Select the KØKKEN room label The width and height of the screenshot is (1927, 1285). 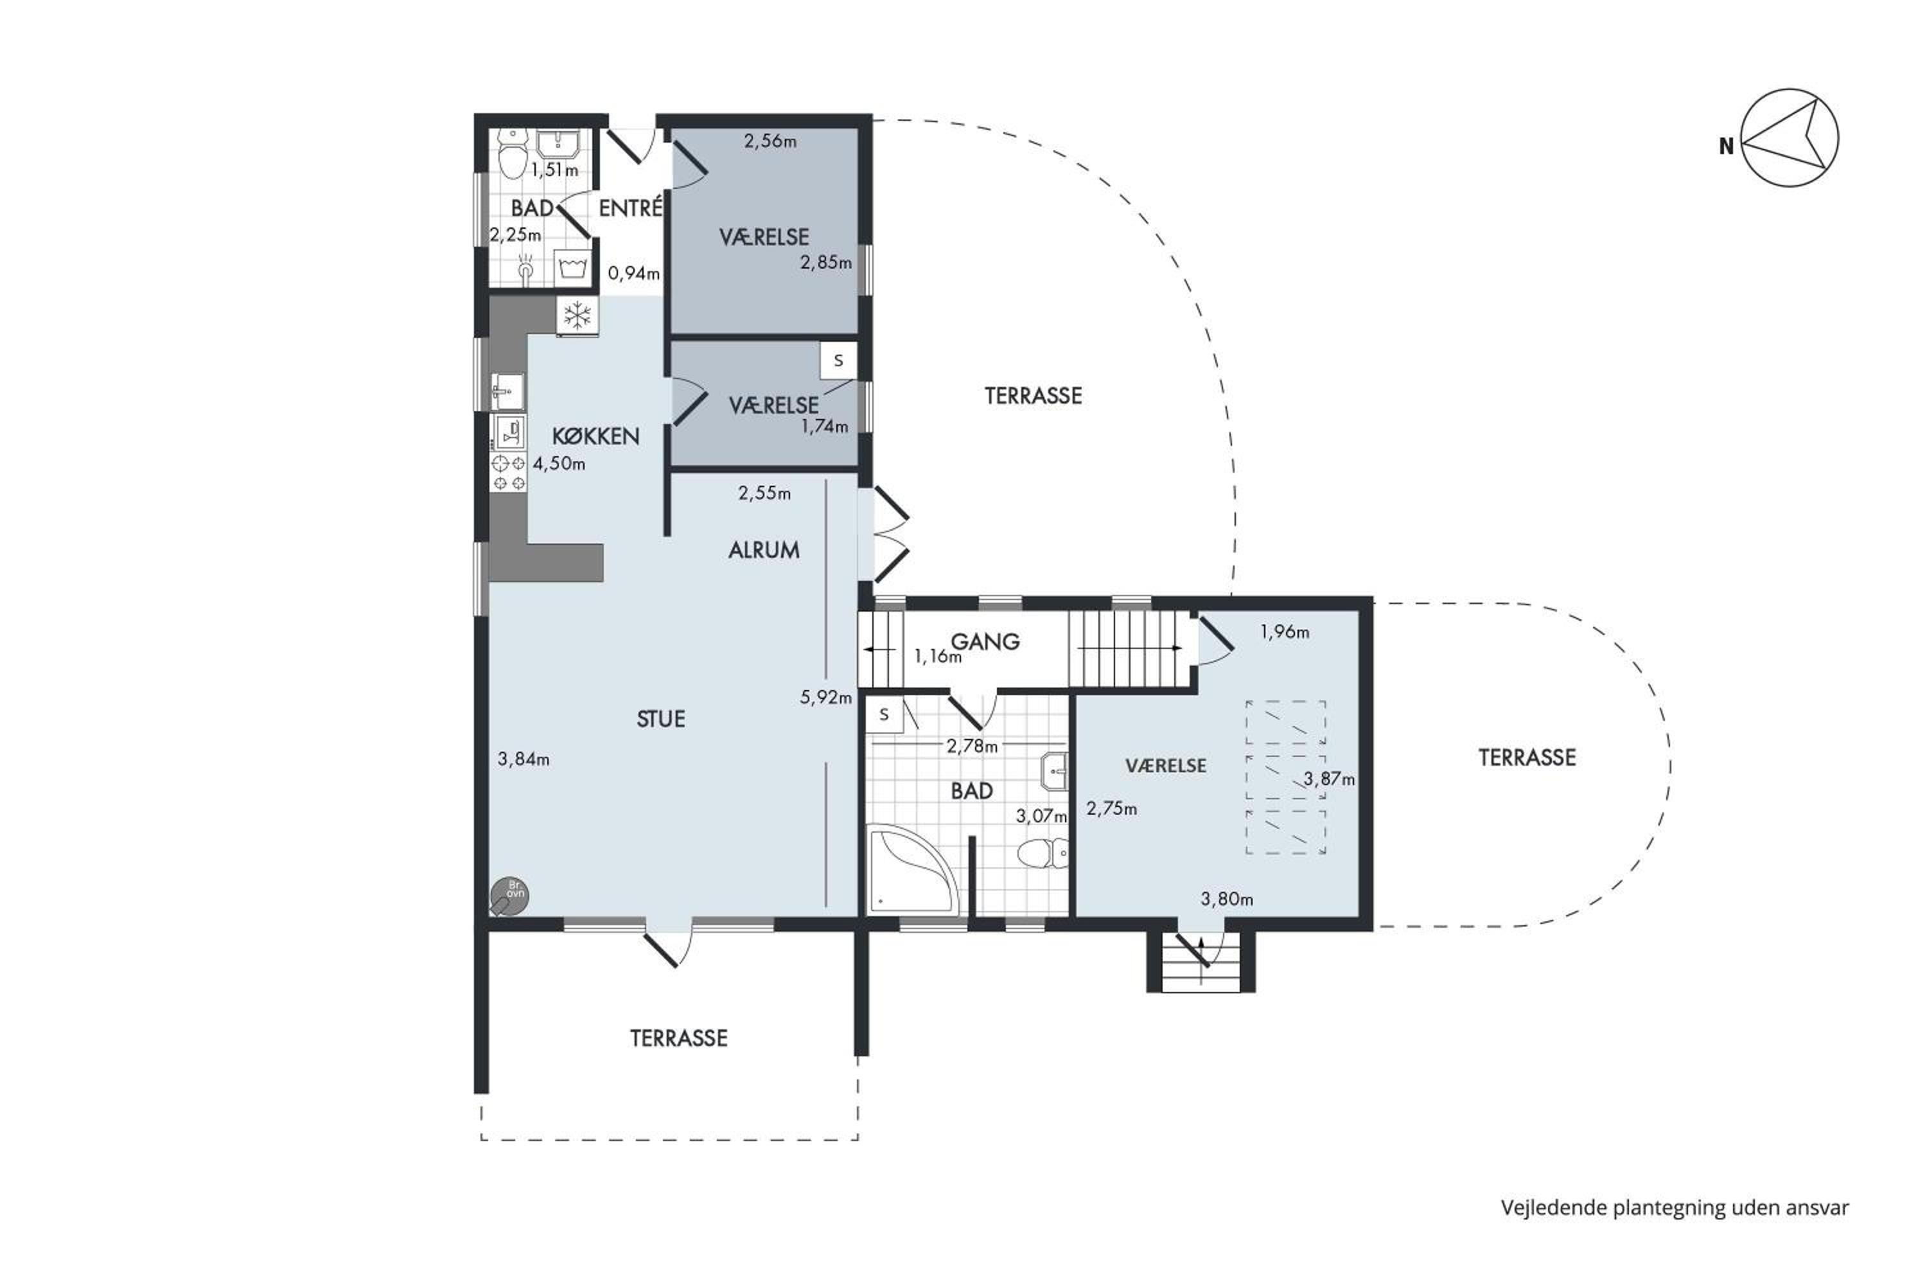tap(595, 436)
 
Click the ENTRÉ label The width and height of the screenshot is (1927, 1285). tap(630, 208)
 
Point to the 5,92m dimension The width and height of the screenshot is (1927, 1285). tap(826, 697)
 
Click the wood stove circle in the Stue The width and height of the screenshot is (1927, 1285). tap(509, 896)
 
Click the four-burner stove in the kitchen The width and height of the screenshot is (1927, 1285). tap(508, 473)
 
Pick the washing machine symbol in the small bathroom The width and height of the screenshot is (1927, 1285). tap(573, 268)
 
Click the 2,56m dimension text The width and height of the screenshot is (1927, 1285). tap(770, 141)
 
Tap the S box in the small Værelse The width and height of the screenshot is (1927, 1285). tap(838, 360)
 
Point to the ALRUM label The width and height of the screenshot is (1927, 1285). tap(764, 550)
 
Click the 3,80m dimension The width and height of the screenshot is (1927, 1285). tap(1226, 899)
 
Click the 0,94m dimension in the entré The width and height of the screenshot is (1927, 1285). tap(633, 273)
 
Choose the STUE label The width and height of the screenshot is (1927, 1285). tap(660, 719)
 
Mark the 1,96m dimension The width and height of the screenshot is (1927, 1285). tap(1284, 632)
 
